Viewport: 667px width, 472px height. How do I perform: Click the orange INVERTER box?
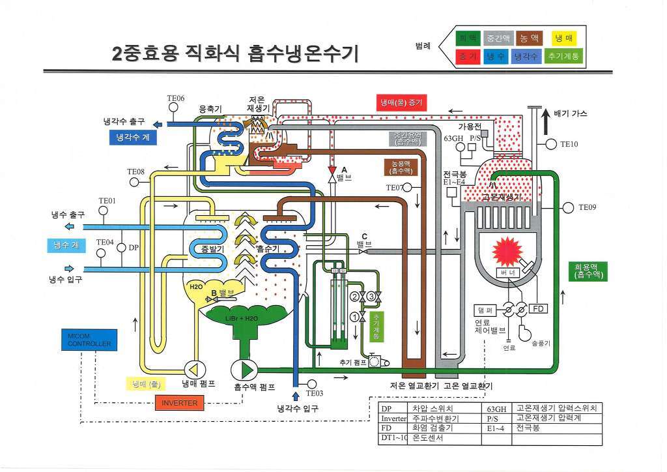pyautogui.click(x=180, y=402)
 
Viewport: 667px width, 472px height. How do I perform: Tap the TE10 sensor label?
pyautogui.click(x=569, y=143)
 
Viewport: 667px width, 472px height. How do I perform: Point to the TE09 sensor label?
pyautogui.click(x=587, y=208)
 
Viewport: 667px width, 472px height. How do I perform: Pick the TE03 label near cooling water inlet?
pyautogui.click(x=314, y=393)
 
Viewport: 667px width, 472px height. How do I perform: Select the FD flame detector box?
pyautogui.click(x=539, y=307)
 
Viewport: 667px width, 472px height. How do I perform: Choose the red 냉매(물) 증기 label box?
pyautogui.click(x=401, y=102)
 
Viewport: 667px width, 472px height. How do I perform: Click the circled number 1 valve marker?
pyautogui.click(x=355, y=317)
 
